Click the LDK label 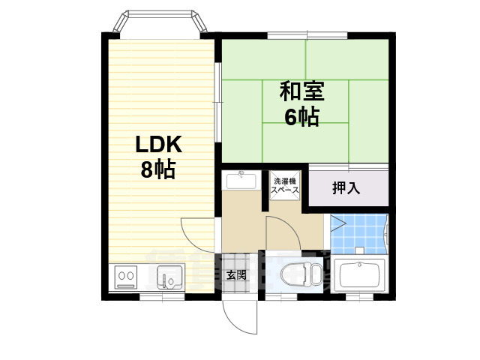pos(158,144)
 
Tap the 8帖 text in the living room pos(158,169)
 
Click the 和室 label pos(301,91)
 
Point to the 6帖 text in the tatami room pos(301,116)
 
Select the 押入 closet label pos(346,187)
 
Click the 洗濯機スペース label pos(285,185)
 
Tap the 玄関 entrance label pos(237,275)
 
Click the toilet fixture pos(295,275)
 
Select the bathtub pos(361,274)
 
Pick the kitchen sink pos(169,280)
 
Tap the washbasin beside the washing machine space pos(241,181)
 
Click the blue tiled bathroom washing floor pos(360,234)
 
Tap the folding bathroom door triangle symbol pos(337,223)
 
